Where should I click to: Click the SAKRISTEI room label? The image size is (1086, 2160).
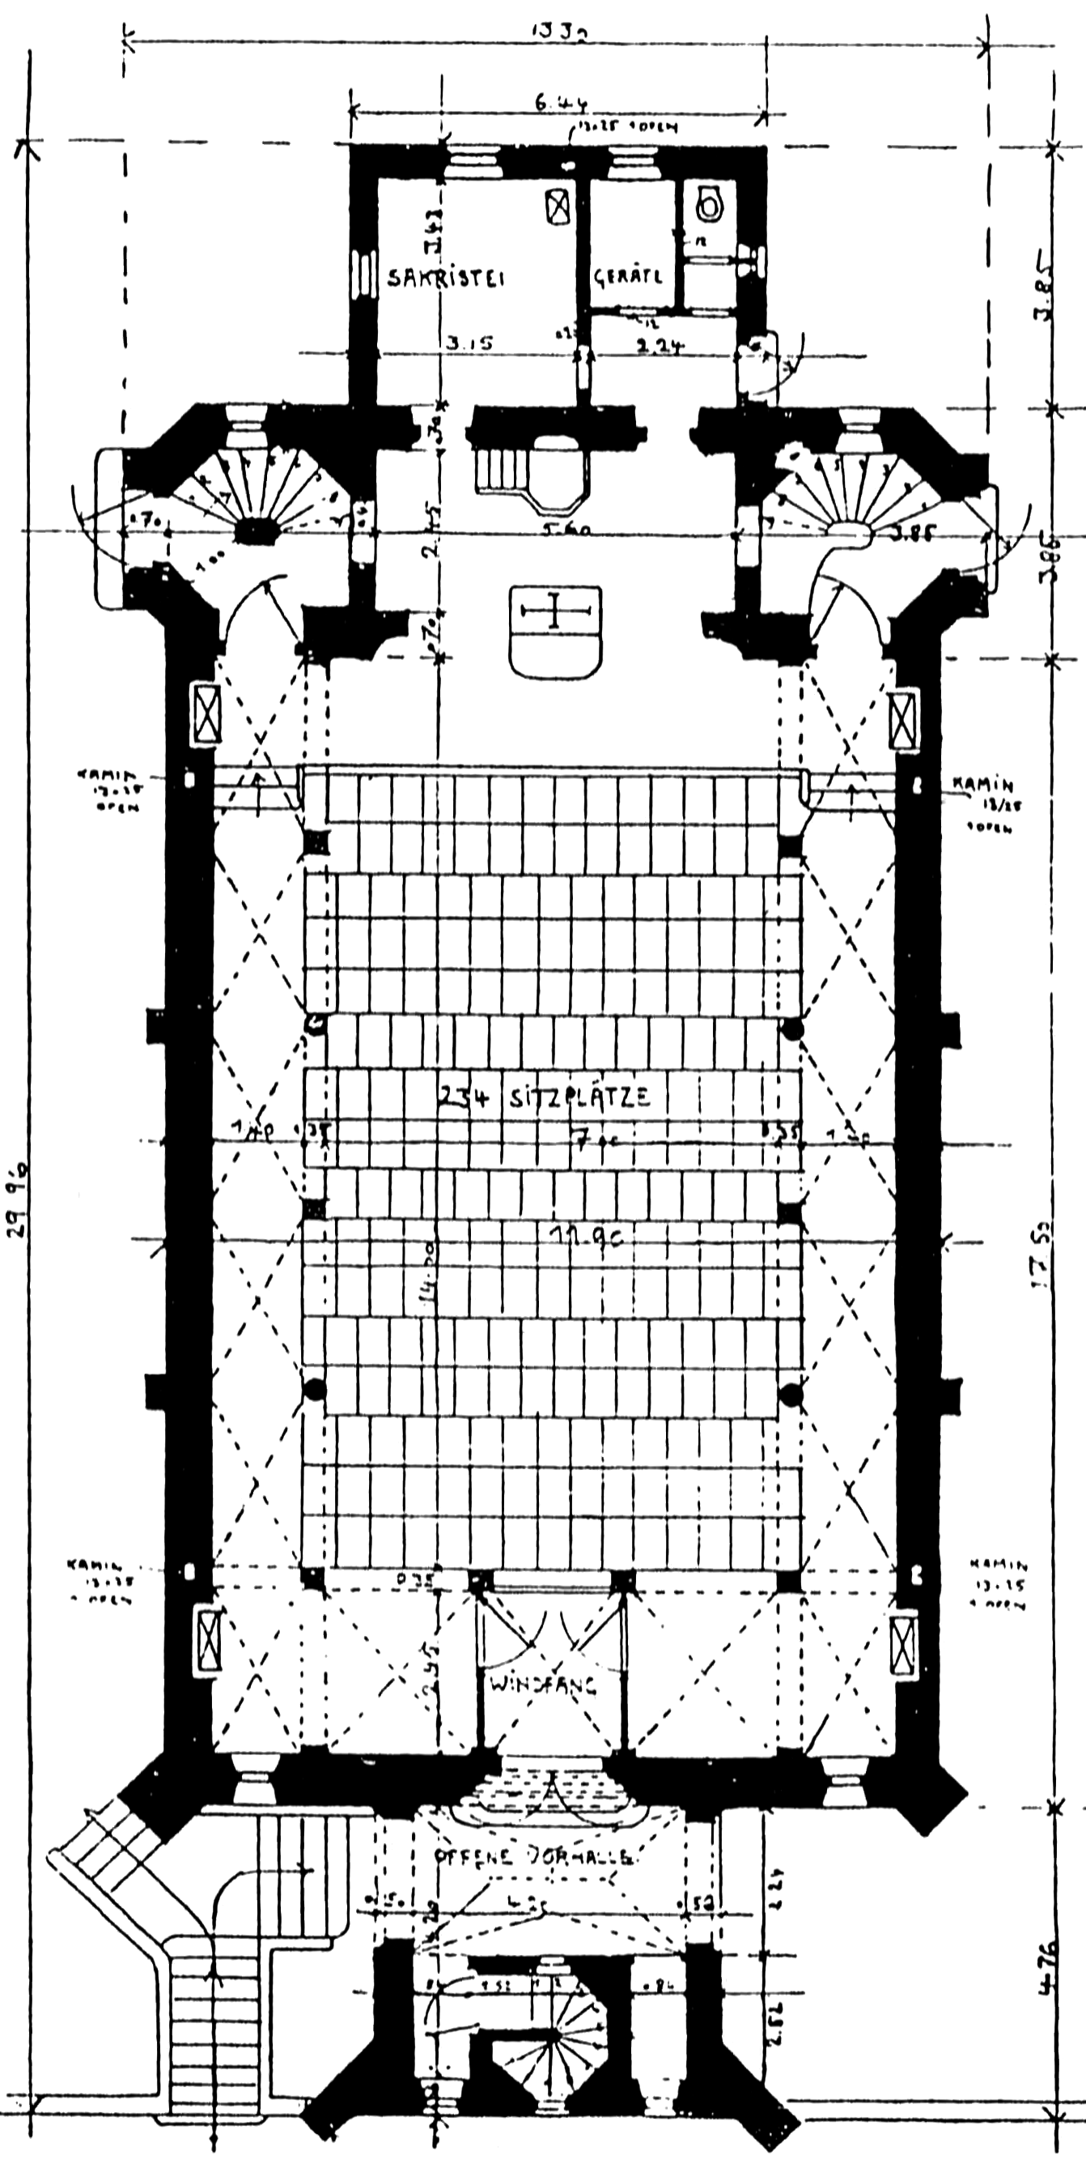pyautogui.click(x=447, y=278)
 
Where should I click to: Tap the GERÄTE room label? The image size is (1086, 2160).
pyautogui.click(x=629, y=277)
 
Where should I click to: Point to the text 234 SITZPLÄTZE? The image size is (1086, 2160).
pyautogui.click(x=544, y=1096)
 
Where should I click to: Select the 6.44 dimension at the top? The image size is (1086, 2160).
pyautogui.click(x=562, y=104)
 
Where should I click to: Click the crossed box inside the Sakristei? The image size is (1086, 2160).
pyautogui.click(x=558, y=206)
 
